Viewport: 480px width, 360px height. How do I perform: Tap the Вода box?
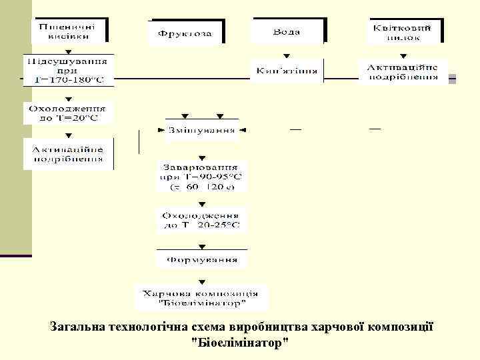click(287, 31)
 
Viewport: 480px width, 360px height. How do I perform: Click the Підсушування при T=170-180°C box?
click(69, 70)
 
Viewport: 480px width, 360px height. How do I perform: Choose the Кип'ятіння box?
click(287, 71)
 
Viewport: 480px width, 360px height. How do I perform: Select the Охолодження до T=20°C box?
click(69, 112)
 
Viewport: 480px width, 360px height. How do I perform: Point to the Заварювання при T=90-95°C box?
click(201, 176)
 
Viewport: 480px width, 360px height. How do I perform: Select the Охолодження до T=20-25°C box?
click(201, 221)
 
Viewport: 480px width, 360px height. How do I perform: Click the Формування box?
click(201, 259)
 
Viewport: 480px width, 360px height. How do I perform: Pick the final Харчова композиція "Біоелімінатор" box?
click(201, 297)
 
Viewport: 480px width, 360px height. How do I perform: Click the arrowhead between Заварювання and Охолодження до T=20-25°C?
click(202, 203)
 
